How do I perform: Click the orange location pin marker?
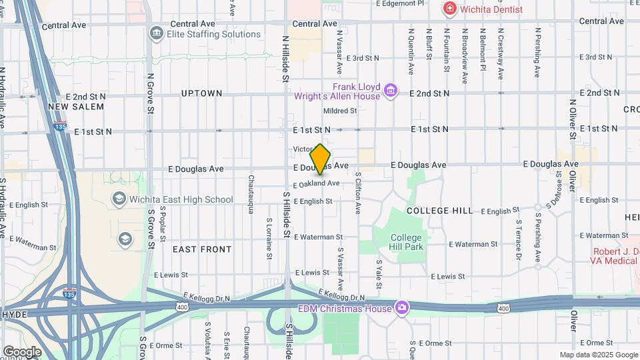point(321,159)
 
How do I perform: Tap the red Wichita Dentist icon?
point(450,9)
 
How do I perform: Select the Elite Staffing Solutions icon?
point(157,33)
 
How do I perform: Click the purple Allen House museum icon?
point(391,89)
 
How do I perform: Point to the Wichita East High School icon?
point(119,199)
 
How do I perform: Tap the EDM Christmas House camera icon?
point(402,307)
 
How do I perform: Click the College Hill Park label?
point(406,242)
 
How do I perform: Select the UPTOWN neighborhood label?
point(201,94)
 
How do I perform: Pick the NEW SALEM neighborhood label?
point(77,107)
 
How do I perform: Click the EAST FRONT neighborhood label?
point(202,249)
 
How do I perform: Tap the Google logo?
point(22,351)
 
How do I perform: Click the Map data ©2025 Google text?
point(598,355)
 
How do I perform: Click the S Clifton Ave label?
point(358,193)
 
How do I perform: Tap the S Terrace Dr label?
point(518,239)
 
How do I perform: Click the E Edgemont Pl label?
point(399,3)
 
